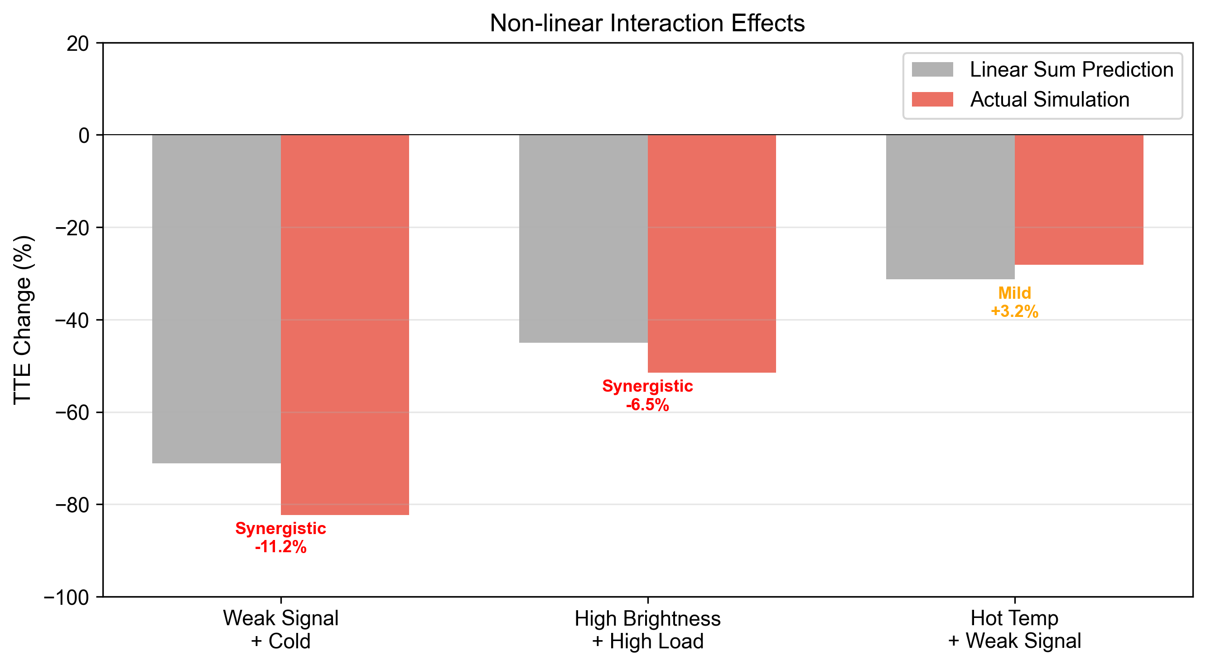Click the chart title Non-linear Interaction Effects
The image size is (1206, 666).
click(647, 23)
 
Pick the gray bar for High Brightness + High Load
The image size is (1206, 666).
click(583, 238)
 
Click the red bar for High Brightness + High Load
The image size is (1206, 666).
click(712, 253)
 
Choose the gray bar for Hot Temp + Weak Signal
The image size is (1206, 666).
click(950, 207)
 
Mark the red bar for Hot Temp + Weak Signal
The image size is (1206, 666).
click(1079, 199)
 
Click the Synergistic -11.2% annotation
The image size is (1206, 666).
click(280, 537)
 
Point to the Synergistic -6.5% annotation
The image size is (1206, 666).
click(647, 395)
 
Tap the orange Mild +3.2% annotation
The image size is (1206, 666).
click(1014, 302)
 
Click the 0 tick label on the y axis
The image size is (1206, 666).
click(84, 136)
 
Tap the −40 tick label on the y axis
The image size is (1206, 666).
click(72, 321)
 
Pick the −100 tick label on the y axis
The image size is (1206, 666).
click(67, 597)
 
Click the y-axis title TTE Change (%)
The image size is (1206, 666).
click(22, 320)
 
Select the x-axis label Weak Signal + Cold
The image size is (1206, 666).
click(280, 629)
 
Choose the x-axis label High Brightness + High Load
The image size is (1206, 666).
click(647, 629)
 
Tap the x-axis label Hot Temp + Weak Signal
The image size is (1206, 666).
click(1014, 629)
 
